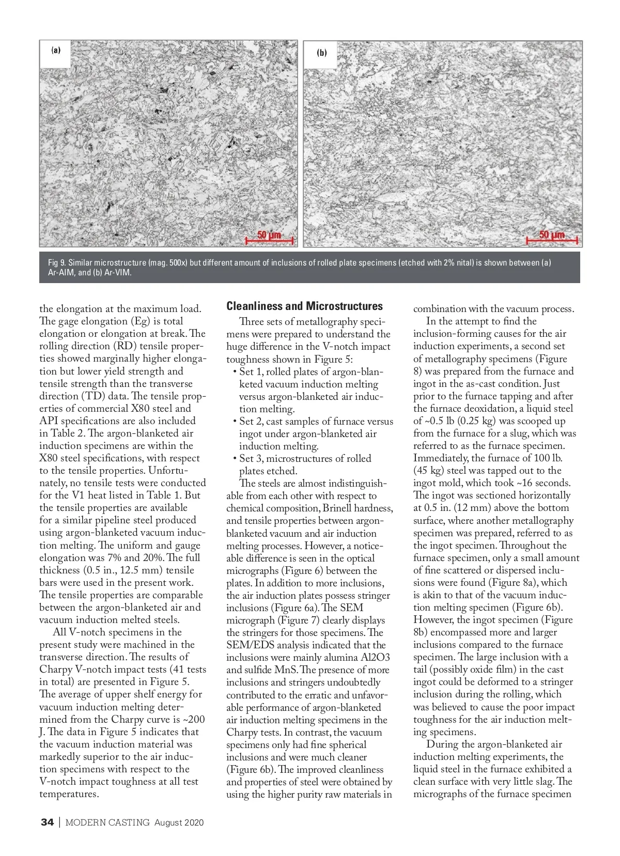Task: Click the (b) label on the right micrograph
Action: click(x=322, y=53)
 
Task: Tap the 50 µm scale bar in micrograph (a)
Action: click(x=269, y=238)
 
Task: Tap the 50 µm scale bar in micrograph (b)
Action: click(x=552, y=238)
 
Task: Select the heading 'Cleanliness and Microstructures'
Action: click(x=304, y=306)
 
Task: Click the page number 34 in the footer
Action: click(x=47, y=822)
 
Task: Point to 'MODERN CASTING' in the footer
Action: click(x=107, y=822)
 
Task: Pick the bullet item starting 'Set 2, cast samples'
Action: click(x=313, y=434)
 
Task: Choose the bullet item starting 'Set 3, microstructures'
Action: click(x=305, y=464)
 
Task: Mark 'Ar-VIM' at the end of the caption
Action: click(x=118, y=273)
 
